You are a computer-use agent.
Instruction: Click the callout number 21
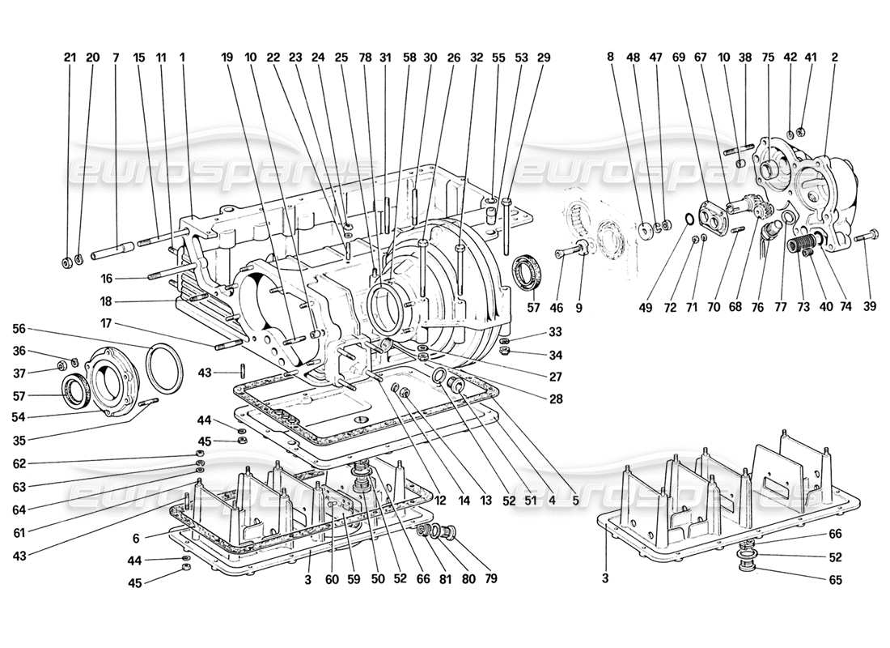coord(69,58)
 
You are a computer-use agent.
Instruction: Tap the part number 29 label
coord(543,58)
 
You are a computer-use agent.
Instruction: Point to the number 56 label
coord(19,329)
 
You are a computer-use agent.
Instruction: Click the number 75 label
coord(767,58)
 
